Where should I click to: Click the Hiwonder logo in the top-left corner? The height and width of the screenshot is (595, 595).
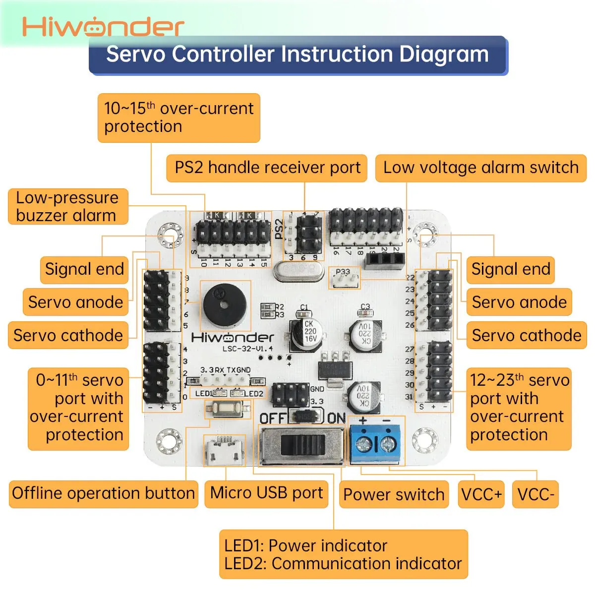pos(103,27)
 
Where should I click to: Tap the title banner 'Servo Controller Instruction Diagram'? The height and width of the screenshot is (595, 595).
pos(297,55)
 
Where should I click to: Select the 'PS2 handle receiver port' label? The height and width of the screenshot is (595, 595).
pos(267,168)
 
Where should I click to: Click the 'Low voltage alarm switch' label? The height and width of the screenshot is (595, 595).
pos(480,168)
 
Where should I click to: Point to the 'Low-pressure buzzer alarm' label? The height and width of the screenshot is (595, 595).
pos(68,206)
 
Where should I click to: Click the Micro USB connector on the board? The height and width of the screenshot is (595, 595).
pos(225,451)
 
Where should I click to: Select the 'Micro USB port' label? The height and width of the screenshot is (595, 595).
pos(266,493)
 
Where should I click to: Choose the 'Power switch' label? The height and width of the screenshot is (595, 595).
pos(394,494)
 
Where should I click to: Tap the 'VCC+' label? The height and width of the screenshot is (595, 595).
pos(481,494)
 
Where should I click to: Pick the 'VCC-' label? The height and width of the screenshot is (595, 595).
pos(535,494)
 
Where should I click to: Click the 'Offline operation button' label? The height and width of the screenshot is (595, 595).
pos(103,493)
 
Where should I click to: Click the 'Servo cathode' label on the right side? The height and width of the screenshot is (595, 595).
pos(526,336)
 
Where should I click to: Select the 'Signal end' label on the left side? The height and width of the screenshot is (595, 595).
pos(84,269)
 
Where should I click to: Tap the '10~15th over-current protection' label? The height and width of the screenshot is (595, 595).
pos(178,118)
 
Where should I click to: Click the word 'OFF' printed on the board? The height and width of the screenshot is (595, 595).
pos(273,418)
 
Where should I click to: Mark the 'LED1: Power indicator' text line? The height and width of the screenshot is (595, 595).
pos(305,545)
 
